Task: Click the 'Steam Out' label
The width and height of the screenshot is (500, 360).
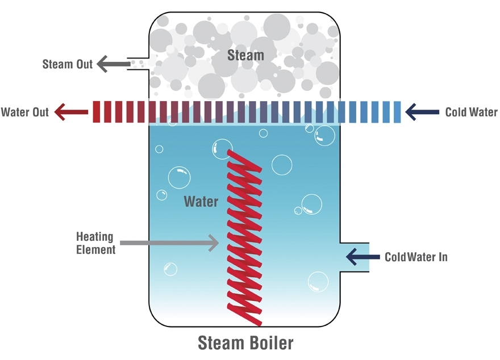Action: pyautogui.click(x=67, y=64)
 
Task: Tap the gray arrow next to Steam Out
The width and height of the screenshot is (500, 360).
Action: pyautogui.click(x=113, y=64)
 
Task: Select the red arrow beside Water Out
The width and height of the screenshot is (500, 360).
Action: pyautogui.click(x=71, y=112)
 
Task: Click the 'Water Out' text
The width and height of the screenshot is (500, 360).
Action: pyautogui.click(x=24, y=112)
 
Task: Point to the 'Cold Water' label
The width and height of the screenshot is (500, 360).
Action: pyautogui.click(x=471, y=112)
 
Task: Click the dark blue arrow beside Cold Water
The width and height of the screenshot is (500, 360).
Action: pyautogui.click(x=422, y=112)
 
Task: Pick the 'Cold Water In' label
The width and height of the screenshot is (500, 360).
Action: pyautogui.click(x=416, y=257)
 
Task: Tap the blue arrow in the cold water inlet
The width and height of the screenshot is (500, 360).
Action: pyautogui.click(x=363, y=257)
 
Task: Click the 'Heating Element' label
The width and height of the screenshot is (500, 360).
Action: pyautogui.click(x=95, y=243)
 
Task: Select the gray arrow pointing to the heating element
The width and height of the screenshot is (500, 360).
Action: pyautogui.click(x=169, y=243)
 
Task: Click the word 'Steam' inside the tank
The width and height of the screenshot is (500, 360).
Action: pyautogui.click(x=245, y=55)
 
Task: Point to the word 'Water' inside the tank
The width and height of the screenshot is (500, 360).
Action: pyautogui.click(x=201, y=202)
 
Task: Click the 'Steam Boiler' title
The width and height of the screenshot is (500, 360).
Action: pyautogui.click(x=245, y=343)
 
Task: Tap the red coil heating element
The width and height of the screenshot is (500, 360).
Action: pyautogui.click(x=244, y=237)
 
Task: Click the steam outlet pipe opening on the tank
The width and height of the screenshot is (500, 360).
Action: pyautogui.click(x=138, y=64)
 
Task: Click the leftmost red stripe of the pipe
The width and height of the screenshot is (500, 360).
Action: pyautogui.click(x=96, y=112)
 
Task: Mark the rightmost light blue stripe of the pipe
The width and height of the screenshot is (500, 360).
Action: pyautogui.click(x=397, y=112)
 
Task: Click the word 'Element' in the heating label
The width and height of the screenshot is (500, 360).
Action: pyautogui.click(x=95, y=249)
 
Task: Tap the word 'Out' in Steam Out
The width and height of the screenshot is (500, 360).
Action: pyautogui.click(x=84, y=64)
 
